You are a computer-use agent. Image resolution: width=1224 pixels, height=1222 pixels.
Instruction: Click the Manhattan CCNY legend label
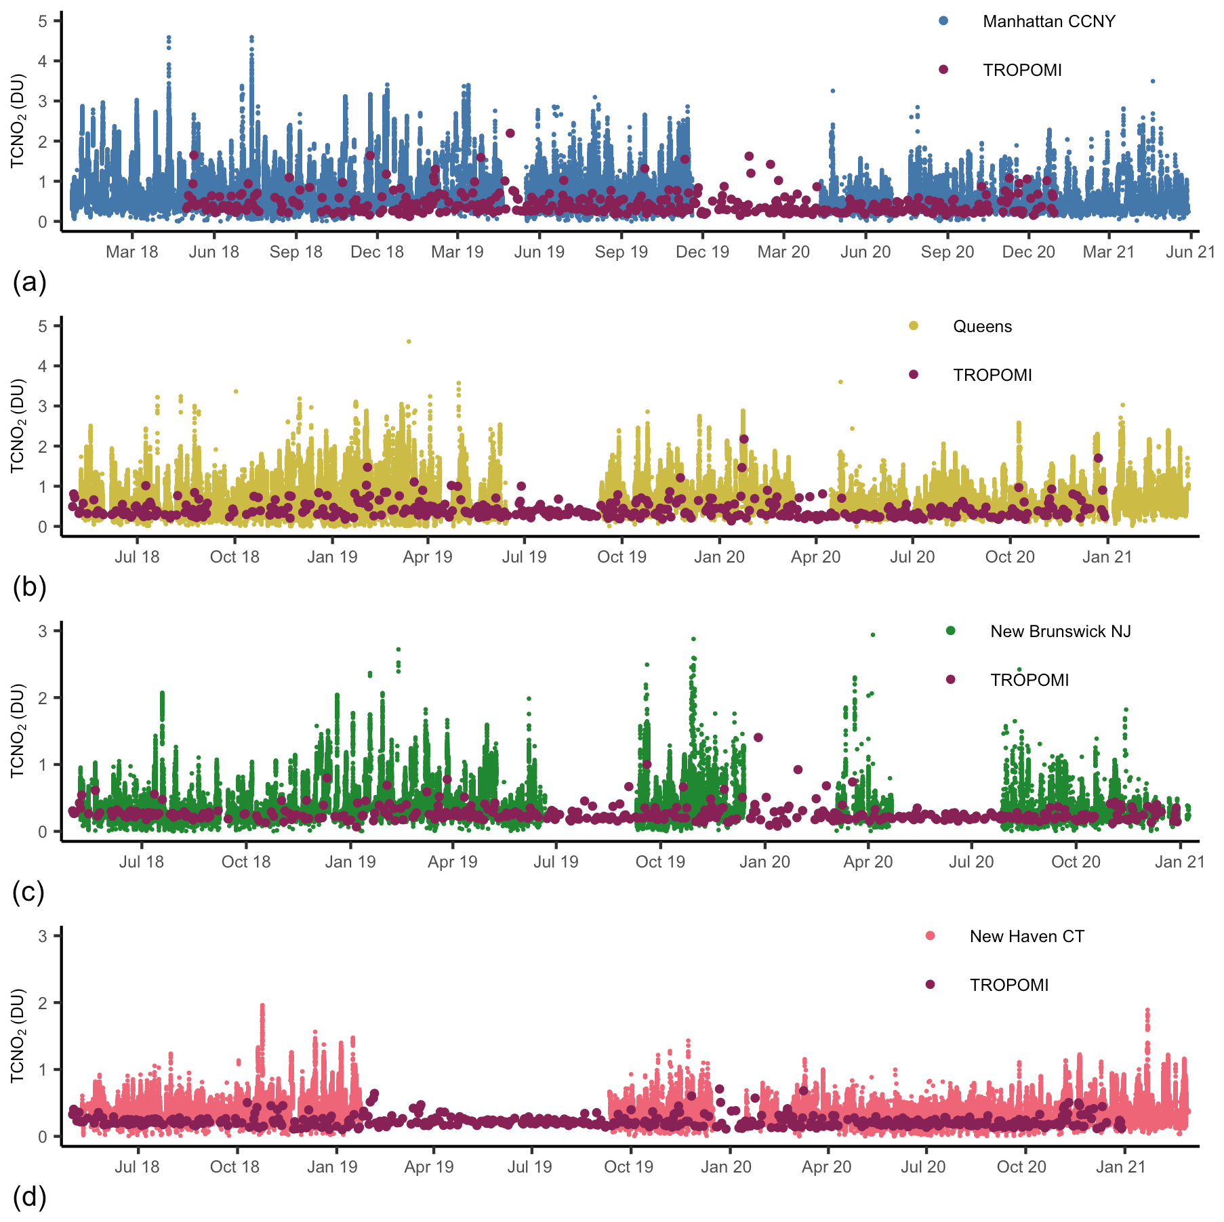click(1048, 22)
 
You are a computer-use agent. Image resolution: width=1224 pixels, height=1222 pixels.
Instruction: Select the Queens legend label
click(982, 327)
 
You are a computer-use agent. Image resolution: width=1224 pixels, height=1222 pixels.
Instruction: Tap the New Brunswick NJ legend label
click(1060, 632)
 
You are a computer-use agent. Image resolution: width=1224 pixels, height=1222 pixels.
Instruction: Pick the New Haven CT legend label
click(1027, 937)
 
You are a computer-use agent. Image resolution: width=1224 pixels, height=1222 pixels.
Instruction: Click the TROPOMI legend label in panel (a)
click(1022, 70)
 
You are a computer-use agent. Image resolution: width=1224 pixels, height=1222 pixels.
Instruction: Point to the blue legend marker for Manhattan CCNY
click(943, 21)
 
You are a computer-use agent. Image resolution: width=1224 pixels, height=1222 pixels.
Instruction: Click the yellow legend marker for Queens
click(914, 326)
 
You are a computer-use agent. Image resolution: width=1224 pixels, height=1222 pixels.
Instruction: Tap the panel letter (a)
click(29, 282)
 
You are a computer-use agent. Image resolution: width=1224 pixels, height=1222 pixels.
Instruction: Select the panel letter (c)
click(28, 893)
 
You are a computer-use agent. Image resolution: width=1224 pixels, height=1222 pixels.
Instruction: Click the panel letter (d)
click(29, 1198)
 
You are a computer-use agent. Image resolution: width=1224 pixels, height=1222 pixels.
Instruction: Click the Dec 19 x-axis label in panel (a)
click(702, 252)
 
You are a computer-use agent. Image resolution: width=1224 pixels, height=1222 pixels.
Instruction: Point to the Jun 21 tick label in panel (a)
click(1190, 252)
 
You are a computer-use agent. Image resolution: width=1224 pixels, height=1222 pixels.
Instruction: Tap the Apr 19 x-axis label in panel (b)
click(427, 557)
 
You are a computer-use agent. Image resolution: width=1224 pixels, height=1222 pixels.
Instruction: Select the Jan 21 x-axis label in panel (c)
click(1179, 862)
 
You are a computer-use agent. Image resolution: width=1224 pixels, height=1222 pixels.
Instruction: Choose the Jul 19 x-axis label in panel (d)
click(529, 1167)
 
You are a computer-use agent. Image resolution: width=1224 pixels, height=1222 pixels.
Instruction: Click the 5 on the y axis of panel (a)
click(43, 21)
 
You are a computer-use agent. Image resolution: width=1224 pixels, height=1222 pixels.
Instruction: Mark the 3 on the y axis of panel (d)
click(43, 936)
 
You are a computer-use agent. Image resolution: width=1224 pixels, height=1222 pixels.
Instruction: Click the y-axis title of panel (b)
click(18, 426)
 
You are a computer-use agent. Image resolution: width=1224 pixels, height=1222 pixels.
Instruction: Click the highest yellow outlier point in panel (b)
click(409, 342)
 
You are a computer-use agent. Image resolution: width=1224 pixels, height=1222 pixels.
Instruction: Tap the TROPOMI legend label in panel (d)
click(1008, 985)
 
